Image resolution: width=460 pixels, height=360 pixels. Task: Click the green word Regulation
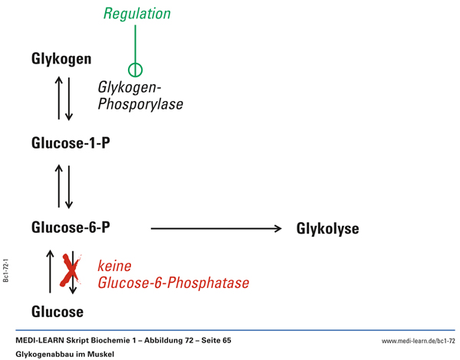pos(136,14)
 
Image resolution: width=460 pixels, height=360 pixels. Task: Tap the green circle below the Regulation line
pos(136,70)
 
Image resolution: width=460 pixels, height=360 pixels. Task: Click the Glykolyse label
pos(327,228)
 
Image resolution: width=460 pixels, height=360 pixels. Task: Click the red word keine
pos(115,267)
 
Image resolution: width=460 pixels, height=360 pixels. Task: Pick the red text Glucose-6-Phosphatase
pos(173,283)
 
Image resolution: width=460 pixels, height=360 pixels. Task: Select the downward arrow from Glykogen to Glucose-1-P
pos(69,97)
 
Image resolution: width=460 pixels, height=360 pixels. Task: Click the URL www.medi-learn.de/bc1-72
pos(418,339)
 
